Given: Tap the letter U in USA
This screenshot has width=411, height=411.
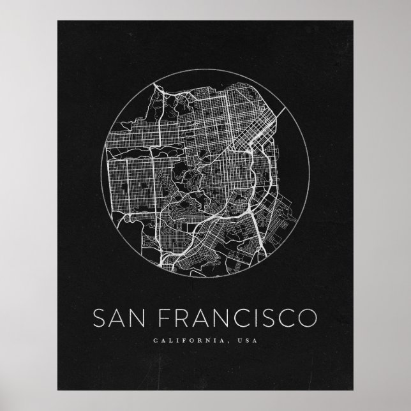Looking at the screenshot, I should tap(239, 340).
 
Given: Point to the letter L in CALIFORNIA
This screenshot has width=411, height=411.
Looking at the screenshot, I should tap(170, 340).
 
